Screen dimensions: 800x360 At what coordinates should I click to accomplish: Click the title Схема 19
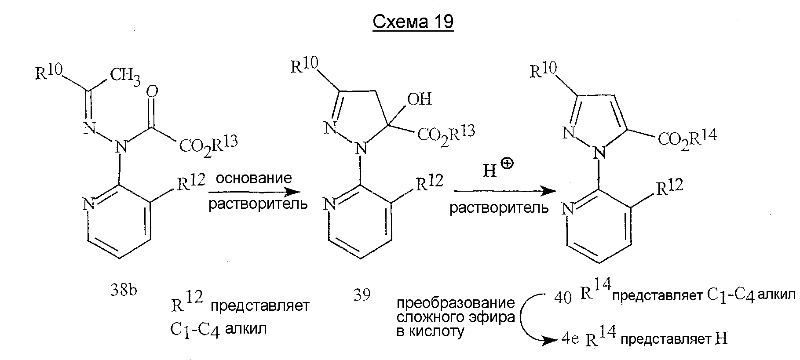413,22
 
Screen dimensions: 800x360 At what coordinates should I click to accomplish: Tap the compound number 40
563,298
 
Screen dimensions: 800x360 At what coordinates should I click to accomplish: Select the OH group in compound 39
420,98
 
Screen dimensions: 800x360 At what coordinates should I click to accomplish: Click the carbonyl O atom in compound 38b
153,92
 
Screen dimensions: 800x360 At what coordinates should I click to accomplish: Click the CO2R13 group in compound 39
446,134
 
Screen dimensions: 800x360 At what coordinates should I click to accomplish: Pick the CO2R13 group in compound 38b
208,145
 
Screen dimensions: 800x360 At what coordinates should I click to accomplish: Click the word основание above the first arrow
254,178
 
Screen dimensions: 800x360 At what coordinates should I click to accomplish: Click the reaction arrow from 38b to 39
255,192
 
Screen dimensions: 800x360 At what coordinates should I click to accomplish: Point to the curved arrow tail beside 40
545,295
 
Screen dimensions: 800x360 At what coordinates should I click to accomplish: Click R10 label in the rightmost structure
544,69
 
